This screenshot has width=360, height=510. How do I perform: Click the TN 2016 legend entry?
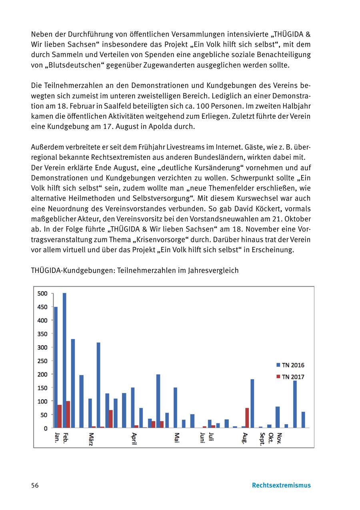click(290, 365)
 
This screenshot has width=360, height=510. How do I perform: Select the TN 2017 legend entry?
click(290, 377)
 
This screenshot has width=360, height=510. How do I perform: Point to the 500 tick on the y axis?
click(42, 293)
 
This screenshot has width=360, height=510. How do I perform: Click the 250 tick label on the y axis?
click(42, 361)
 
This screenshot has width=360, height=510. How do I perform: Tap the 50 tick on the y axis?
click(44, 415)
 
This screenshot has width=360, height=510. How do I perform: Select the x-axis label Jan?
click(56, 438)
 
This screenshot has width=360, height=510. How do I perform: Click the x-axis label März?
click(91, 440)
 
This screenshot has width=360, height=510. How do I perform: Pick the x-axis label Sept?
click(262, 439)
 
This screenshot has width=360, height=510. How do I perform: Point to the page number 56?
click(35, 485)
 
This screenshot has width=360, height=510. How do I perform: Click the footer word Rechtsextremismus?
click(281, 485)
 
